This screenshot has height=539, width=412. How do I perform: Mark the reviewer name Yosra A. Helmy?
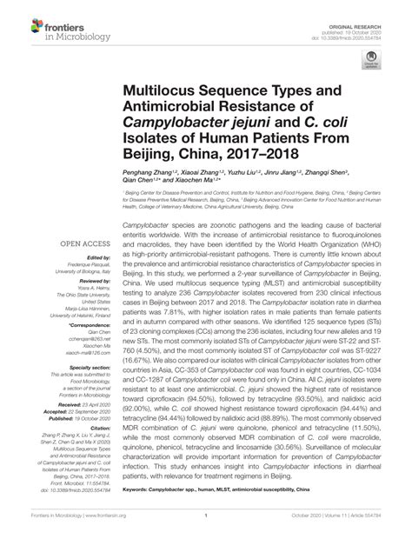coord(84,289)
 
